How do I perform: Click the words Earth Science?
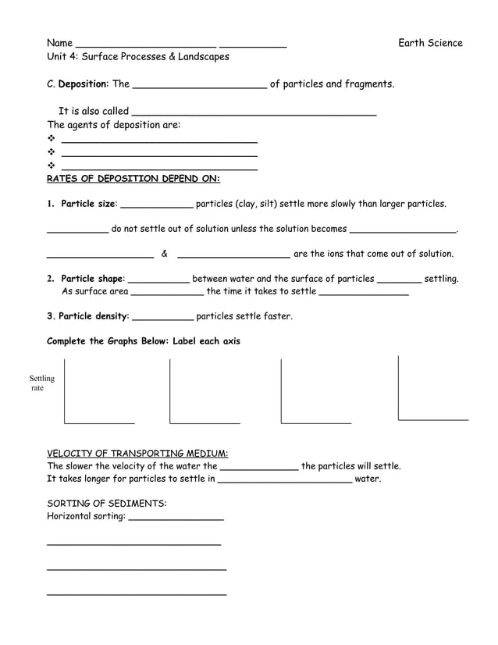(430, 43)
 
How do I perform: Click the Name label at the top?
(60, 43)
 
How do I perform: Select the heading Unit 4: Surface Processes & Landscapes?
(138, 57)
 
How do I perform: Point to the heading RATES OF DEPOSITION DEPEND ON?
(133, 179)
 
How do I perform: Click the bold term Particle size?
(88, 204)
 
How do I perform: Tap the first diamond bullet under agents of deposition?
(52, 141)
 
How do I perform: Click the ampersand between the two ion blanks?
(165, 254)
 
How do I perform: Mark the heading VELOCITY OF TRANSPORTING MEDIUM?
(137, 454)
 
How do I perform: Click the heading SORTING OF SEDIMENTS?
(107, 504)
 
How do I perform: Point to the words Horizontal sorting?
(86, 516)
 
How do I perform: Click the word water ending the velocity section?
(368, 479)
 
